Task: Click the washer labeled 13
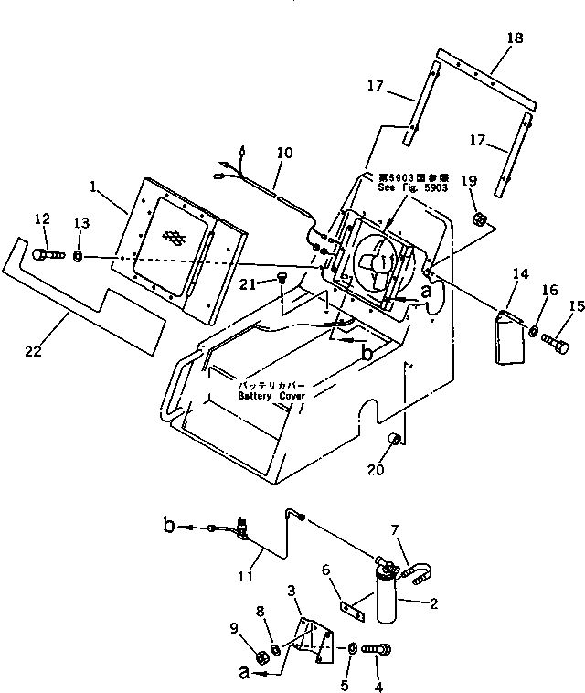[79, 256]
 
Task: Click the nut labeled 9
[259, 655]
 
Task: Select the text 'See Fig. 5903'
[412, 187]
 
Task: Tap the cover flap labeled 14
[511, 336]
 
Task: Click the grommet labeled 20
[396, 441]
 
